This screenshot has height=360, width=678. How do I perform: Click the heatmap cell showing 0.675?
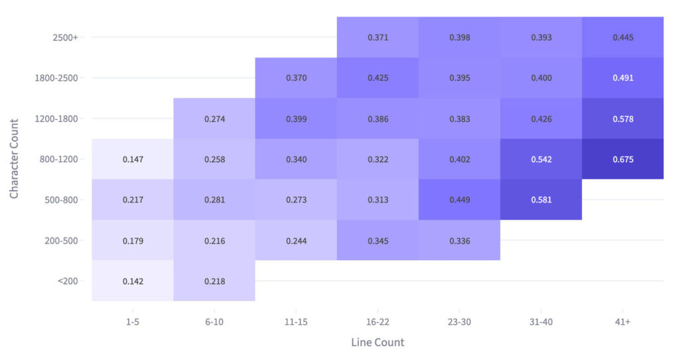coord(622,159)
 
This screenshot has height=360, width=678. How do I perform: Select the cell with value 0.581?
coord(541,200)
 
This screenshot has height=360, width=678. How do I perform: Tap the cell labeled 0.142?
coord(132,281)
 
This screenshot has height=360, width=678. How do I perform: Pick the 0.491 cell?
coord(622,78)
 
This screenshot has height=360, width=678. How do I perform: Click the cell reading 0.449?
coord(459,200)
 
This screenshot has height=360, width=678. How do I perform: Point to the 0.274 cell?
coord(214,119)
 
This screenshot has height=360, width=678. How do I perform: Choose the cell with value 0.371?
coord(377,38)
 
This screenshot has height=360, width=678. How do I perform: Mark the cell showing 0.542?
coord(541,159)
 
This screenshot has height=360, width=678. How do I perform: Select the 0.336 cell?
coord(459,240)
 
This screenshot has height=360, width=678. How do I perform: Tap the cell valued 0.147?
coord(132,159)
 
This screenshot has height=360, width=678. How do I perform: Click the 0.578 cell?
coord(622,119)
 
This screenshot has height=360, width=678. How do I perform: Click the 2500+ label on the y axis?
coord(66,38)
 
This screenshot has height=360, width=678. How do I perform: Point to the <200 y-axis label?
coord(68,281)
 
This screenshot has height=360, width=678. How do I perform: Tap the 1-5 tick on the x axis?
coord(132,321)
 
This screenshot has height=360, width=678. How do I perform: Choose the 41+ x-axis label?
coord(622,321)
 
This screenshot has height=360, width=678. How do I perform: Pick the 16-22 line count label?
coord(377,321)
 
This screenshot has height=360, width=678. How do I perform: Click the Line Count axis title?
coord(377,342)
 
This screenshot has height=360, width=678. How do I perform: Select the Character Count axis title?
coord(14,159)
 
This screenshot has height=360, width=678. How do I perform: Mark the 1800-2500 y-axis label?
coord(56,78)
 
